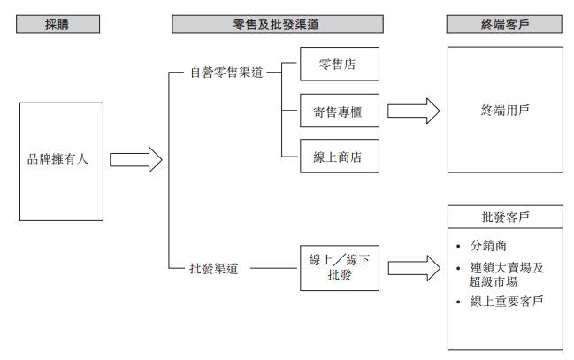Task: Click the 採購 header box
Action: [x=57, y=25]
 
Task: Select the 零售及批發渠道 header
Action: [x=278, y=25]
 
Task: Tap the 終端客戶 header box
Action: [x=504, y=25]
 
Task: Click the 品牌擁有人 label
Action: [x=57, y=160]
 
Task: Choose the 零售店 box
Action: [x=340, y=65]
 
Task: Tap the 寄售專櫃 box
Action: [x=340, y=112]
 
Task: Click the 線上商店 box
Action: [x=340, y=158]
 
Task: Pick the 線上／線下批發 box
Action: [x=340, y=266]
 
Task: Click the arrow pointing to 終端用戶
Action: [x=413, y=112]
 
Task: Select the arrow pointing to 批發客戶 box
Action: [x=413, y=266]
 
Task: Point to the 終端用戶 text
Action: [x=504, y=112]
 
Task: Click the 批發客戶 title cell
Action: [x=505, y=217]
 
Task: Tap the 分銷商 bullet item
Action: [x=492, y=244]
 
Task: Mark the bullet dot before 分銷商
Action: [x=457, y=244]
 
